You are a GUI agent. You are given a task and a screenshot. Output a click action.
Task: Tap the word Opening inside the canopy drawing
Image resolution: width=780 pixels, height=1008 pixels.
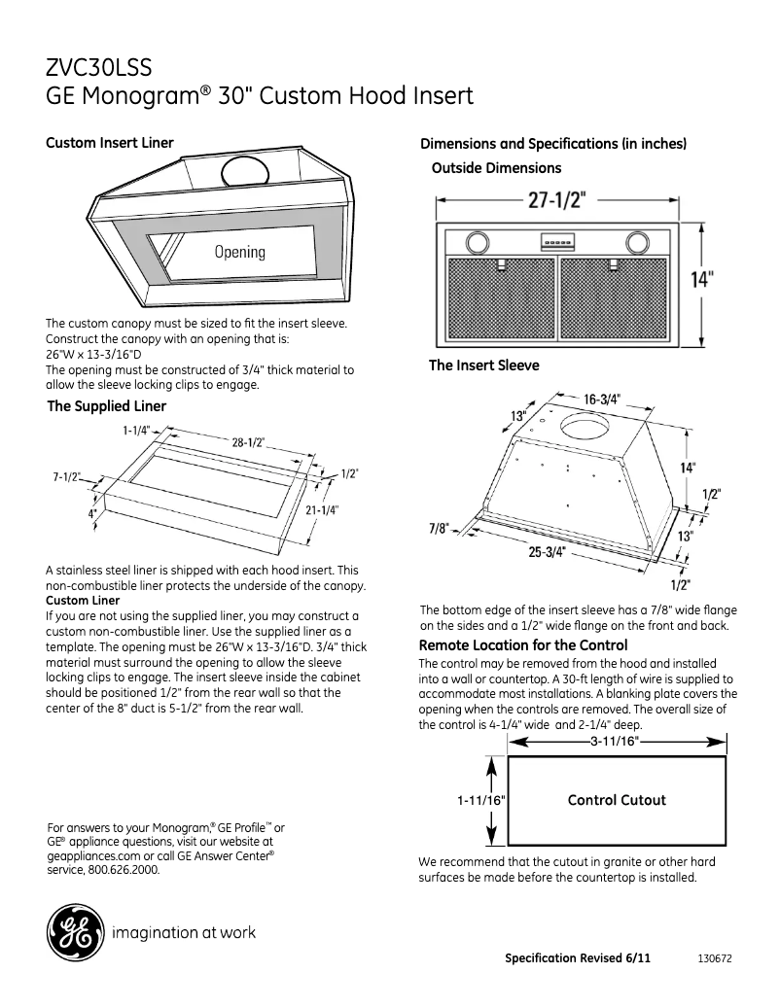(x=239, y=252)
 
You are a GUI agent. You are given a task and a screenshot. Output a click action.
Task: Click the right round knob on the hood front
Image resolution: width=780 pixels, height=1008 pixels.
(x=637, y=241)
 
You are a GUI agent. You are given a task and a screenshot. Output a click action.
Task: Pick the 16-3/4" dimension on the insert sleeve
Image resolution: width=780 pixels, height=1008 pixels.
(x=602, y=400)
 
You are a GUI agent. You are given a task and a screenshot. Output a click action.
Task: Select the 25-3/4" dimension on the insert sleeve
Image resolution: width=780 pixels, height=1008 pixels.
(x=548, y=552)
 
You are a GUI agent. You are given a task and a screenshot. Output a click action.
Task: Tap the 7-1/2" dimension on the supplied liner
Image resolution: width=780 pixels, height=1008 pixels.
(x=66, y=477)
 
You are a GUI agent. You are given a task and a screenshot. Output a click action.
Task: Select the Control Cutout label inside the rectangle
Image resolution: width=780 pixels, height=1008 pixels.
(x=617, y=800)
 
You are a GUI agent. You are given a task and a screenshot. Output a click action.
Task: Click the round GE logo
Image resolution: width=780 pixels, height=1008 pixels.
(x=74, y=933)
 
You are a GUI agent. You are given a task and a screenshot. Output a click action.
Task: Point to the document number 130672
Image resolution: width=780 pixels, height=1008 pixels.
(x=715, y=958)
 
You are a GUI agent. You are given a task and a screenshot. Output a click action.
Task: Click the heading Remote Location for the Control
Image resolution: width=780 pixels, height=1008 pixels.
(x=522, y=645)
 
